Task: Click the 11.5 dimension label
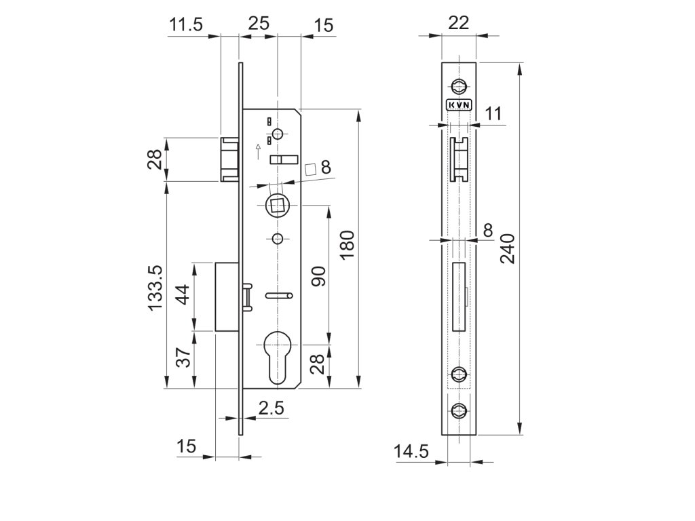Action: (186, 25)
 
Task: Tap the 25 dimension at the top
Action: (259, 23)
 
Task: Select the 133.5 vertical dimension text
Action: (156, 288)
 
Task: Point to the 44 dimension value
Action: (183, 296)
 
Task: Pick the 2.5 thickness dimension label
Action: (271, 408)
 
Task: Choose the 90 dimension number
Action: (319, 277)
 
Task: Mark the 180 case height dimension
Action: (347, 245)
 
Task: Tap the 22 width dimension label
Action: (459, 22)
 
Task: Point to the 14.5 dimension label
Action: (411, 451)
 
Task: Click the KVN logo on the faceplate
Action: (460, 105)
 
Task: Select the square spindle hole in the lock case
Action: (277, 204)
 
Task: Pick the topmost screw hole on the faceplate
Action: (460, 87)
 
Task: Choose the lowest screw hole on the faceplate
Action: (460, 409)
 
